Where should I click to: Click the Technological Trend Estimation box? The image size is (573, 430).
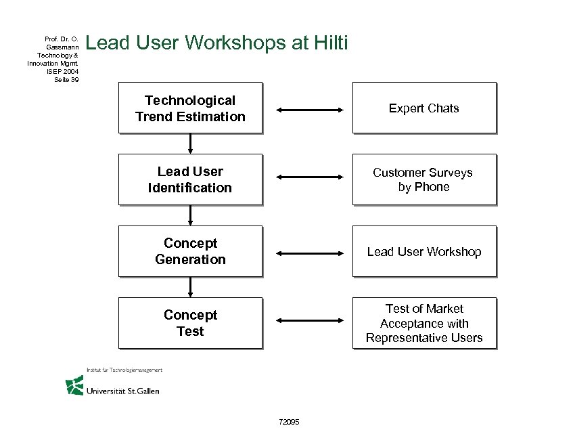pos(190,108)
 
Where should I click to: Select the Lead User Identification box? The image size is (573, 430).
pos(190,179)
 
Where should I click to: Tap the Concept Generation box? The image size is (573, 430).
pos(190,251)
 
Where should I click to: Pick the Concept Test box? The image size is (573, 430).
pos(190,323)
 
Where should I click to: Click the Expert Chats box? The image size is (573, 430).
pos(424,108)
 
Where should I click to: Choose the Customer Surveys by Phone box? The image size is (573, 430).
pos(424,179)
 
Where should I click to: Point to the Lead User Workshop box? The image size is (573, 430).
pos(424,251)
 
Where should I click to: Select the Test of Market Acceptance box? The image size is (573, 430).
pos(424,323)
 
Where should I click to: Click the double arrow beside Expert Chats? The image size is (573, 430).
pos(311,109)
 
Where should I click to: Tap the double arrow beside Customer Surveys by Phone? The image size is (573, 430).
pos(311,177)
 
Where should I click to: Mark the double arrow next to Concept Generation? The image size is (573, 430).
pos(311,253)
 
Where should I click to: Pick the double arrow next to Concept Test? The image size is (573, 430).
pos(311,320)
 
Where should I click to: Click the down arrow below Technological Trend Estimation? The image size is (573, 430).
pos(191,143)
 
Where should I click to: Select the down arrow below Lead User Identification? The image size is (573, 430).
pos(191,215)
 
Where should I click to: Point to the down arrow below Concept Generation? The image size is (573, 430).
pos(191,286)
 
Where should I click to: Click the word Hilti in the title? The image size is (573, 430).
pos(331,44)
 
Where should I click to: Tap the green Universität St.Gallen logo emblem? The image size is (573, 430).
pos(74,385)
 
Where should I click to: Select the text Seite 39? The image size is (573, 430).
pos(66,79)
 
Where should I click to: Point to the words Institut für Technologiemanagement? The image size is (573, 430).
pos(124,370)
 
